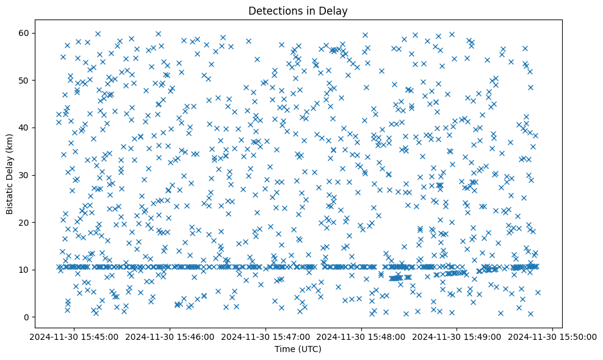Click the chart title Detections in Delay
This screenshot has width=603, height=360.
[x=301, y=10]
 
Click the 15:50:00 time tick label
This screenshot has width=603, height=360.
[x=553, y=336]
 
